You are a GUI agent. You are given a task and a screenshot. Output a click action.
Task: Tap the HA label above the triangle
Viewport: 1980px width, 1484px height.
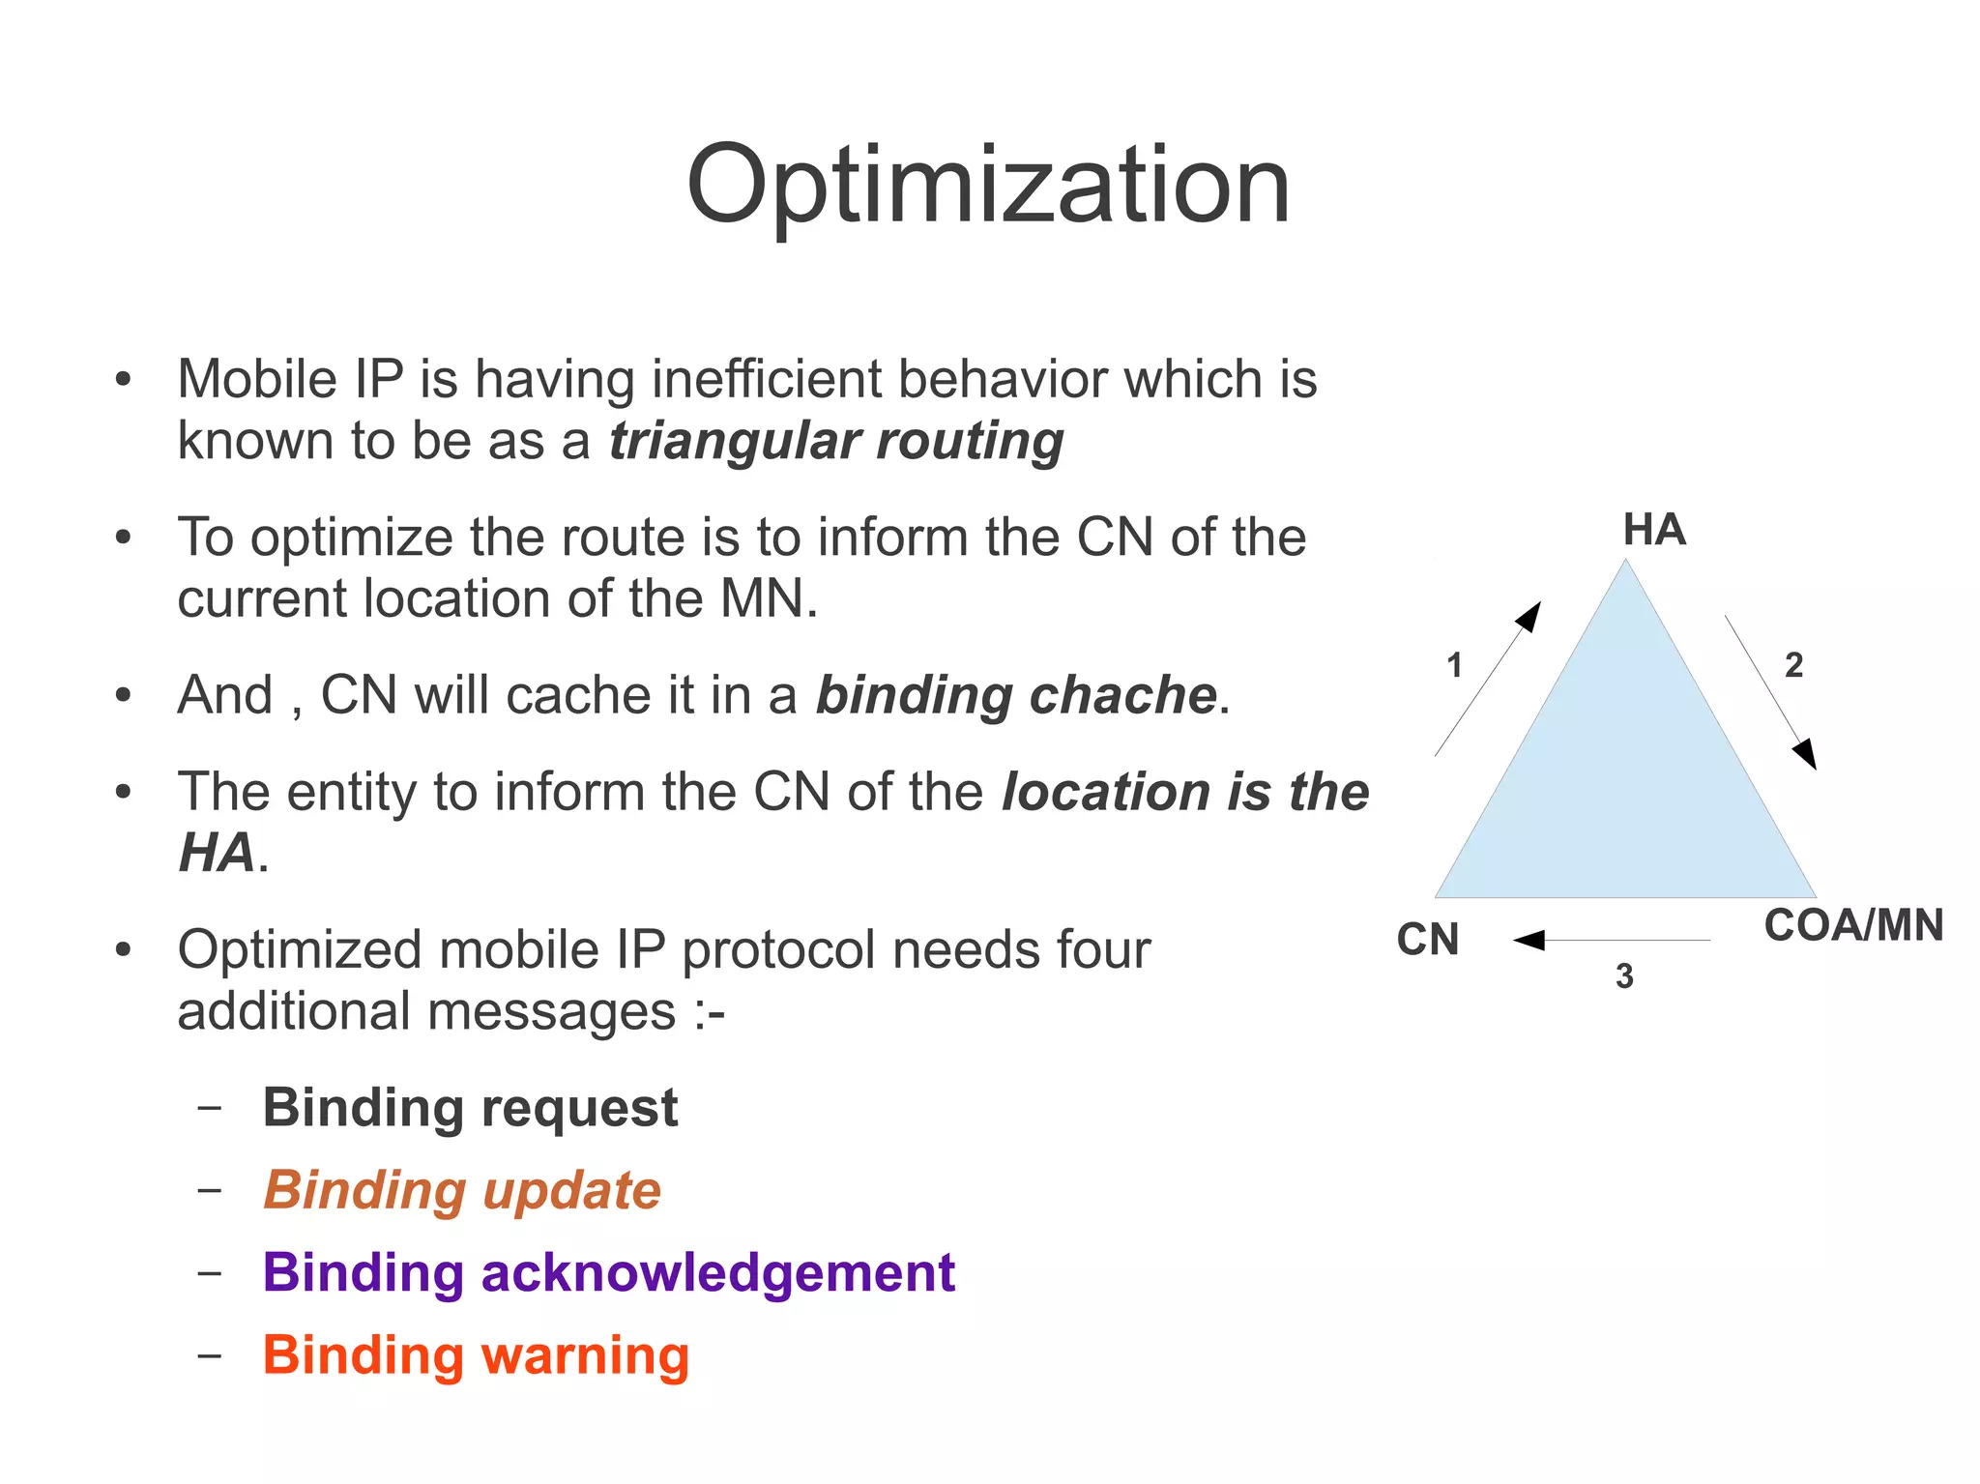tap(1654, 530)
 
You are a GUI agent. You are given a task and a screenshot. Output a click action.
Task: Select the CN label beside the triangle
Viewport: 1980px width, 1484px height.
tap(1428, 939)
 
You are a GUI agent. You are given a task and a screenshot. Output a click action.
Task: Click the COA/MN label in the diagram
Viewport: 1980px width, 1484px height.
tap(1853, 925)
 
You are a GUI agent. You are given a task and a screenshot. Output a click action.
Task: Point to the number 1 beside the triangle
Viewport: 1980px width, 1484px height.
tap(1454, 665)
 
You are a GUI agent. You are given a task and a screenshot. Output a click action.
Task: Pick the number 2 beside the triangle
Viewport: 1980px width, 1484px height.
tap(1793, 665)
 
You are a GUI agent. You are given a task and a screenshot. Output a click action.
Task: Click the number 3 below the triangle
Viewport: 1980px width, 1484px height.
tap(1624, 976)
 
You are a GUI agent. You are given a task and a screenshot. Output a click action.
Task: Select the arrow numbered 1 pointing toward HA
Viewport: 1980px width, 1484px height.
tap(1488, 679)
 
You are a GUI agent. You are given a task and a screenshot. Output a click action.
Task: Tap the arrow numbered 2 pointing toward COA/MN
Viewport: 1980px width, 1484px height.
tap(1770, 691)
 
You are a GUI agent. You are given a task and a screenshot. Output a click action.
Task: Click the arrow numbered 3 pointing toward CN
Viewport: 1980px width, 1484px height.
tap(1612, 940)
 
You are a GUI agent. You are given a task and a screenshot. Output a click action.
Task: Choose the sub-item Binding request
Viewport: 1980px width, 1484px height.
tap(470, 1108)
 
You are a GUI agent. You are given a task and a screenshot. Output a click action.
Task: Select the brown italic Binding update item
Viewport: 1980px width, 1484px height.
tap(462, 1190)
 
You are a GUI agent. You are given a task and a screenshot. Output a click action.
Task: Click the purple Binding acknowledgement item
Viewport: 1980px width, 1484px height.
tap(608, 1272)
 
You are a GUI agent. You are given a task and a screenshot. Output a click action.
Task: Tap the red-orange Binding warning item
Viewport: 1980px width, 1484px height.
tap(476, 1354)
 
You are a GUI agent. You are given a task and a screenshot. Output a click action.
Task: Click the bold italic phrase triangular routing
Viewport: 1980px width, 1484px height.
tap(836, 441)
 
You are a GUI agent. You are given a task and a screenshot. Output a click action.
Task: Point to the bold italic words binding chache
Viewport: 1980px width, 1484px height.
tap(1016, 695)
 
